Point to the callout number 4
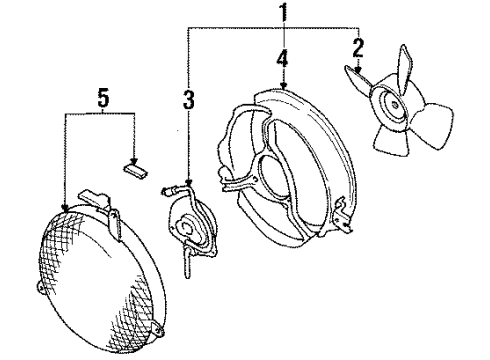[284, 60]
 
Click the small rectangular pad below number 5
[132, 168]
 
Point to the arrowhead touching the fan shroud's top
[284, 88]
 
